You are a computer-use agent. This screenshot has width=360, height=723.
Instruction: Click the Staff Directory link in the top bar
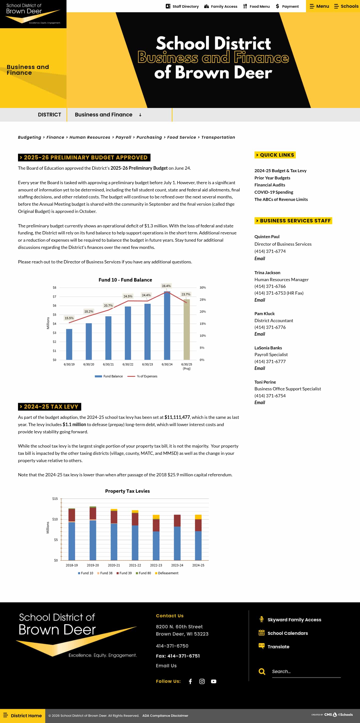pos(182,6)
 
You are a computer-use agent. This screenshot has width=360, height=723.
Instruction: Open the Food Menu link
pos(256,6)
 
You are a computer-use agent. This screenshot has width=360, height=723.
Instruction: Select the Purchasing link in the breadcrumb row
pos(149,137)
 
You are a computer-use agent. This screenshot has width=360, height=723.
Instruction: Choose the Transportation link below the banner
pos(218,137)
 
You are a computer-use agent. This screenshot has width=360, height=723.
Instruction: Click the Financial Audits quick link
pos(269,185)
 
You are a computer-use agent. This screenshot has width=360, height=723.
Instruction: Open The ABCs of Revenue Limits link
pos(281,199)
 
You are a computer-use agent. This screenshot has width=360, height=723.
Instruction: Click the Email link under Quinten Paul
pos(259,258)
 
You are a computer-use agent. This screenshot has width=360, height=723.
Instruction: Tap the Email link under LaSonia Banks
pos(259,368)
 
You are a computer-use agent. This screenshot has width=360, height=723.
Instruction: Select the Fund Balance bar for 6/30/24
pos(167,326)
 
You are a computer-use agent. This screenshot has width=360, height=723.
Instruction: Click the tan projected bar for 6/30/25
pos(186,330)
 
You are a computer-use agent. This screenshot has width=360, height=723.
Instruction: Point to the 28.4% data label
pos(166,286)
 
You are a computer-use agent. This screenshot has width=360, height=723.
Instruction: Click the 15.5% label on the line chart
pos(69,318)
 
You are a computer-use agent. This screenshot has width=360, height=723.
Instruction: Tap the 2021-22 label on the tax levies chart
pos(135,565)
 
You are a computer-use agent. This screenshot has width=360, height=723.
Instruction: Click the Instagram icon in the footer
pos(202,681)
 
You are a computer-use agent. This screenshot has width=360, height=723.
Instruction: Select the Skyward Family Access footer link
pos(294,620)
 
